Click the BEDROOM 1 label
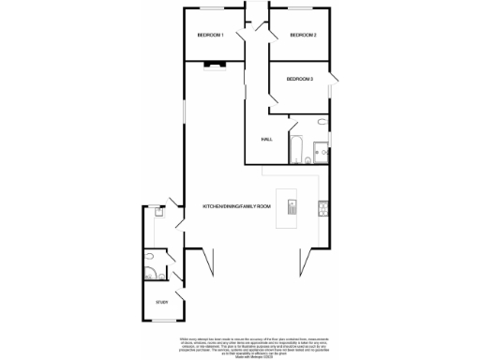210,35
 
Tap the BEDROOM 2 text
302,36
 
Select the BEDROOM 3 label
300,79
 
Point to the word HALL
267,140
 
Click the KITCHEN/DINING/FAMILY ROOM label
236,205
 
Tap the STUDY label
161,303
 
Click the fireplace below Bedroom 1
216,66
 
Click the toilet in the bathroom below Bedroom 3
322,124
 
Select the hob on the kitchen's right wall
322,208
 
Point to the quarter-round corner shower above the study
152,274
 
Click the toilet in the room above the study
150,256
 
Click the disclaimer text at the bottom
240,343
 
